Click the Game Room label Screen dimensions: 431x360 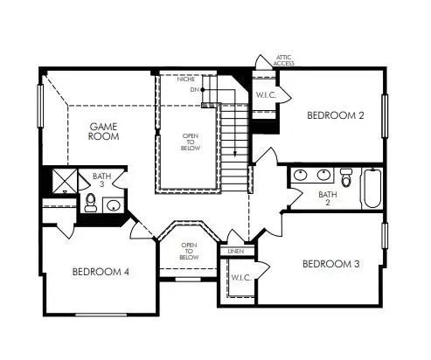(x=103, y=131)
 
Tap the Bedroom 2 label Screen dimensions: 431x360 (x=336, y=115)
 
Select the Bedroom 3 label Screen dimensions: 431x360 (x=330, y=264)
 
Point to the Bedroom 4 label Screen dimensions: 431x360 (x=101, y=272)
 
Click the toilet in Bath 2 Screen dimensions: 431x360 (x=346, y=177)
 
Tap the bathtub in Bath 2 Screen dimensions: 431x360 (x=372, y=188)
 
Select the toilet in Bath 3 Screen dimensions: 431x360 (x=91, y=203)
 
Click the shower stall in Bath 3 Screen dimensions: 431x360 (x=65, y=181)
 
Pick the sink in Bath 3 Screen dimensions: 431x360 (x=114, y=205)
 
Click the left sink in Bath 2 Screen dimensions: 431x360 (x=300, y=175)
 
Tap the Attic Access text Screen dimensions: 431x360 (x=283, y=60)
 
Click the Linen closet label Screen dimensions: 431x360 (x=236, y=251)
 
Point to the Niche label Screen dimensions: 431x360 (x=186, y=80)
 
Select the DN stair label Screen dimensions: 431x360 (x=194, y=90)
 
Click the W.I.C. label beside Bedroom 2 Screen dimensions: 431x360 (x=266, y=95)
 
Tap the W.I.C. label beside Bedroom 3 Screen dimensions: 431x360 (x=241, y=278)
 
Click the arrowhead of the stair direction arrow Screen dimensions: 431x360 (x=235, y=155)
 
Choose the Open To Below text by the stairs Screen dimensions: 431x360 (x=191, y=142)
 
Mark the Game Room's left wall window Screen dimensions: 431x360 (x=40, y=106)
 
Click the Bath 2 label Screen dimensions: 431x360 (x=328, y=198)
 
